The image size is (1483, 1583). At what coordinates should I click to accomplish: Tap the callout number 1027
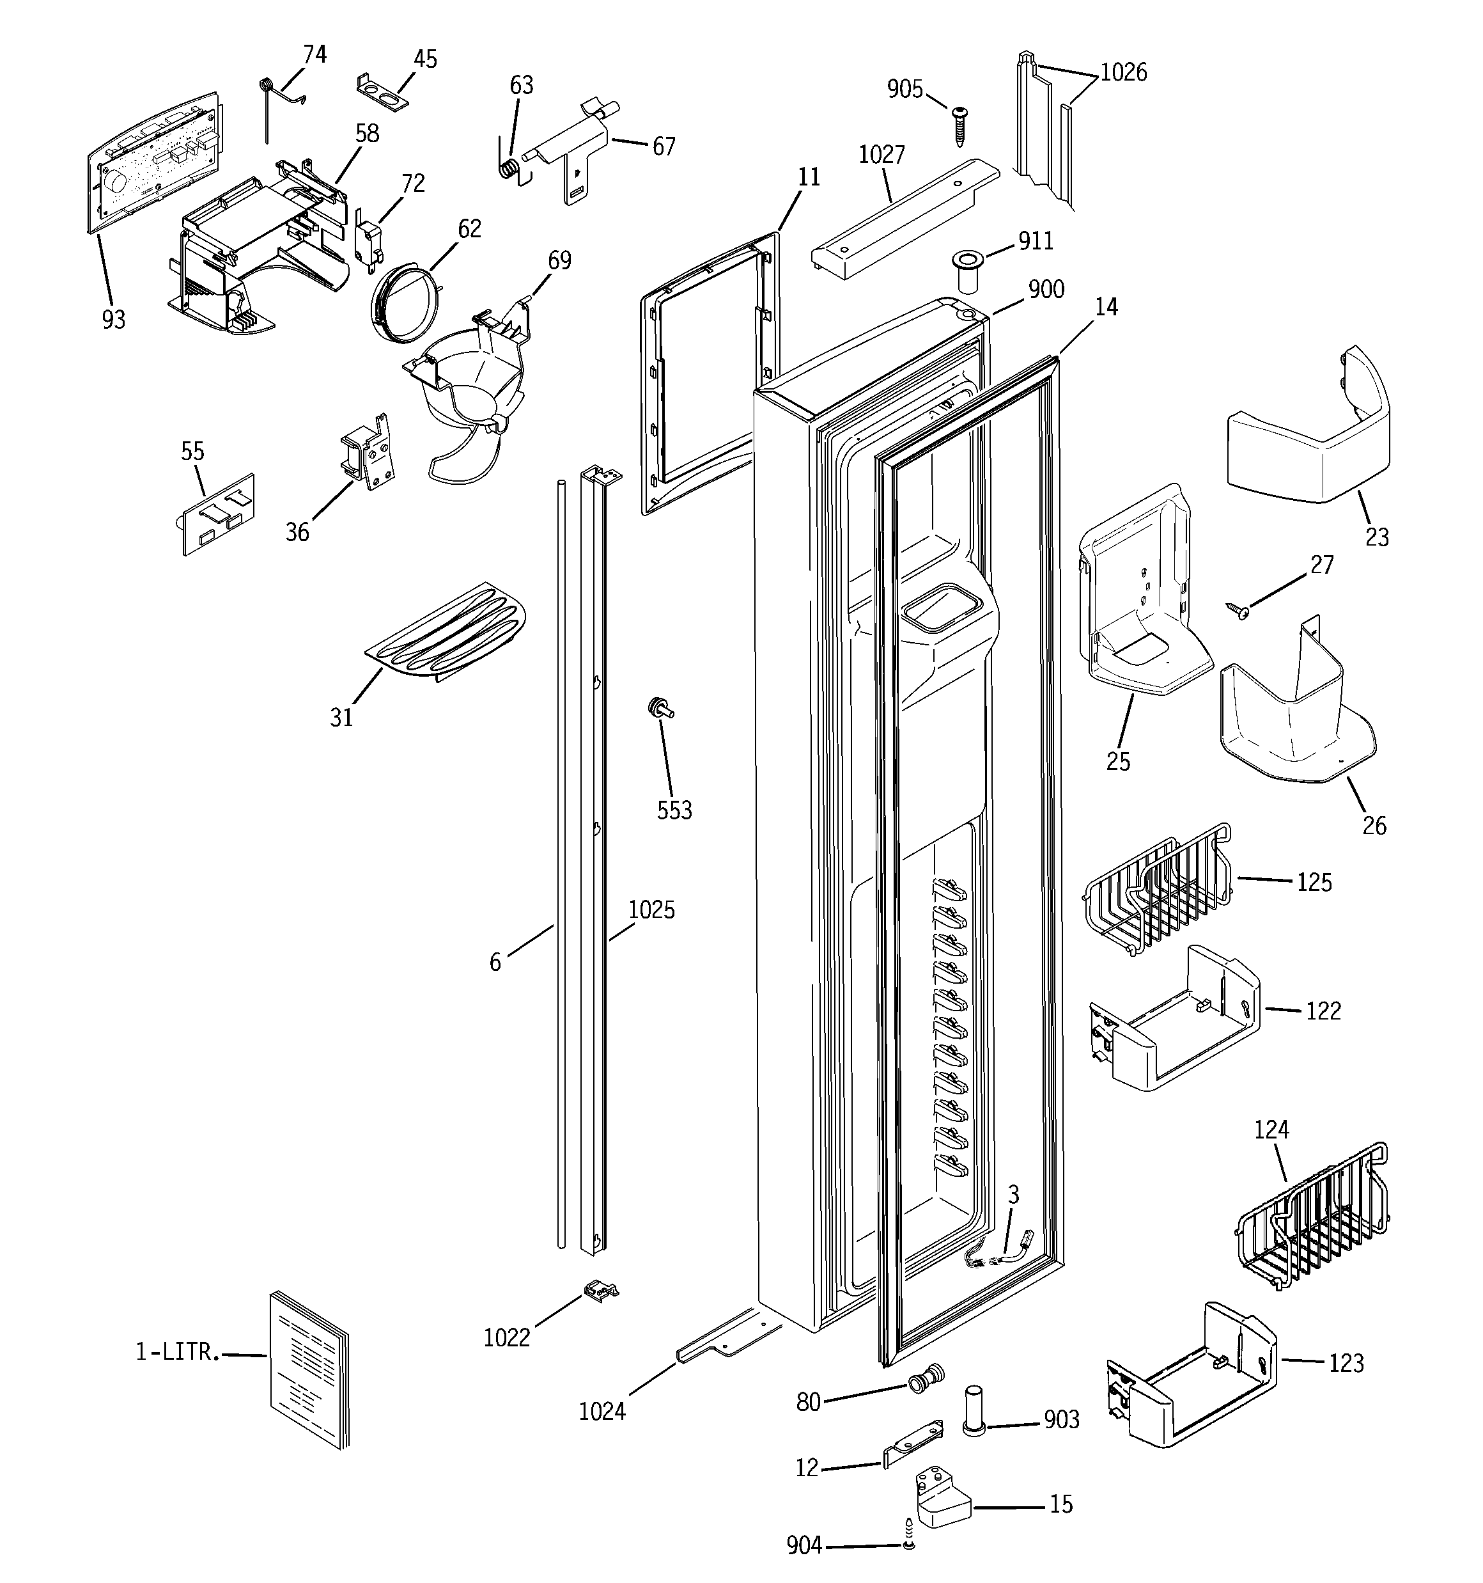(x=881, y=155)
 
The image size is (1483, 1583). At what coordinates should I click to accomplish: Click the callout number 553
(x=674, y=810)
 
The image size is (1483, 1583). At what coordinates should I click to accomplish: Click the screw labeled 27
(x=1239, y=611)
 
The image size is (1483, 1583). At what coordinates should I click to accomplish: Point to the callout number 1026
(x=1123, y=72)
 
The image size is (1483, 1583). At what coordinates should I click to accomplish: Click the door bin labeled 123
(x=1190, y=1375)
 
